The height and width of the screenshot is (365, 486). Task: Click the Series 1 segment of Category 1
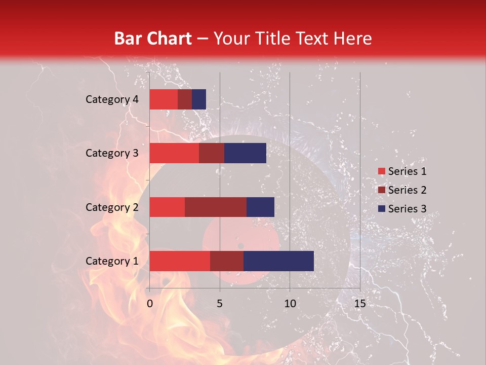point(180,261)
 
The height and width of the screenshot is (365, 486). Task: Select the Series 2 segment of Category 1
point(227,261)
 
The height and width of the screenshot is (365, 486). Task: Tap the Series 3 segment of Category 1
point(278,261)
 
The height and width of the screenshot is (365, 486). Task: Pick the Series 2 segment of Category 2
point(216,207)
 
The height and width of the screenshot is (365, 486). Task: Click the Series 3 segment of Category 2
point(260,207)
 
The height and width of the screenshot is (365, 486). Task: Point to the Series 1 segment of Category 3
point(174,153)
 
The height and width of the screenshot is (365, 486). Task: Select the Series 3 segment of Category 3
point(245,153)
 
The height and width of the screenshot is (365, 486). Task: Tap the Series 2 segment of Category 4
point(185,99)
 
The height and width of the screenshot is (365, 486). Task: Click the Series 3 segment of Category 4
point(199,99)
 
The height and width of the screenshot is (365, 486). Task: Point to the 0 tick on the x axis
point(150,304)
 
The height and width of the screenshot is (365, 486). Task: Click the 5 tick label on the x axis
point(220,304)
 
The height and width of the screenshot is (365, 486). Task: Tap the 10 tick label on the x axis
point(290,304)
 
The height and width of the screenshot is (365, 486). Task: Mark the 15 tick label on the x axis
point(359,304)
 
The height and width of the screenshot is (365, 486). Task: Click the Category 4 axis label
point(112,99)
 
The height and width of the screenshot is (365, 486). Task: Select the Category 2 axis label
point(112,207)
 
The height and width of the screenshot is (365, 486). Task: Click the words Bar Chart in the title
point(152,38)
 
